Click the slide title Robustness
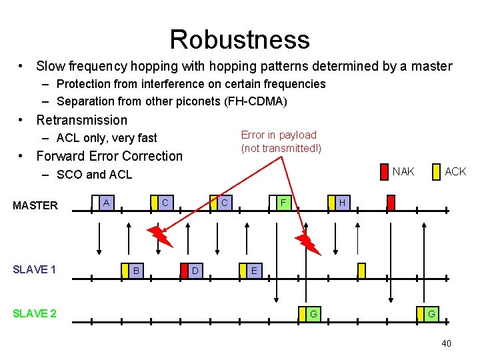[239, 39]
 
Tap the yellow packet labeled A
[106, 202]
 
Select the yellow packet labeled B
[136, 271]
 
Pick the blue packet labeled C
[225, 202]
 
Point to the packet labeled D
[194, 271]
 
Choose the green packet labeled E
[254, 271]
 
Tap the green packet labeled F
[283, 202]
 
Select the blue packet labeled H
[341, 202]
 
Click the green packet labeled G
[313, 313]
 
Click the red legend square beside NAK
[383, 172]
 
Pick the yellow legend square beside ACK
[436, 172]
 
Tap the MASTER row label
[35, 205]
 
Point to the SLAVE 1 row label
[35, 269]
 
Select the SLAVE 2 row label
[35, 313]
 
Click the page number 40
[446, 343]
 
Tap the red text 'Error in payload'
[279, 135]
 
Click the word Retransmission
[81, 120]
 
